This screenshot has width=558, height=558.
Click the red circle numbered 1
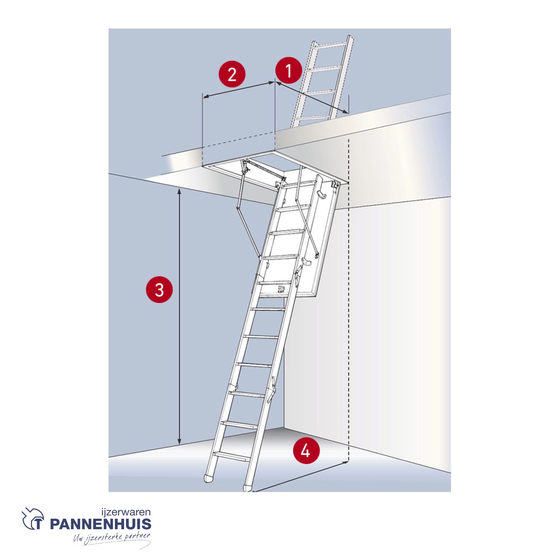point(289,71)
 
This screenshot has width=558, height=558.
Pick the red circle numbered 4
point(306,450)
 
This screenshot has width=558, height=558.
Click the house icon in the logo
point(33,519)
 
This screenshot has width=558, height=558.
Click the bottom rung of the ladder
point(232,456)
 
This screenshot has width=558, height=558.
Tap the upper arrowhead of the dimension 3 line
point(179,191)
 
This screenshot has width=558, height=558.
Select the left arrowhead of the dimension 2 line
point(206,97)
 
